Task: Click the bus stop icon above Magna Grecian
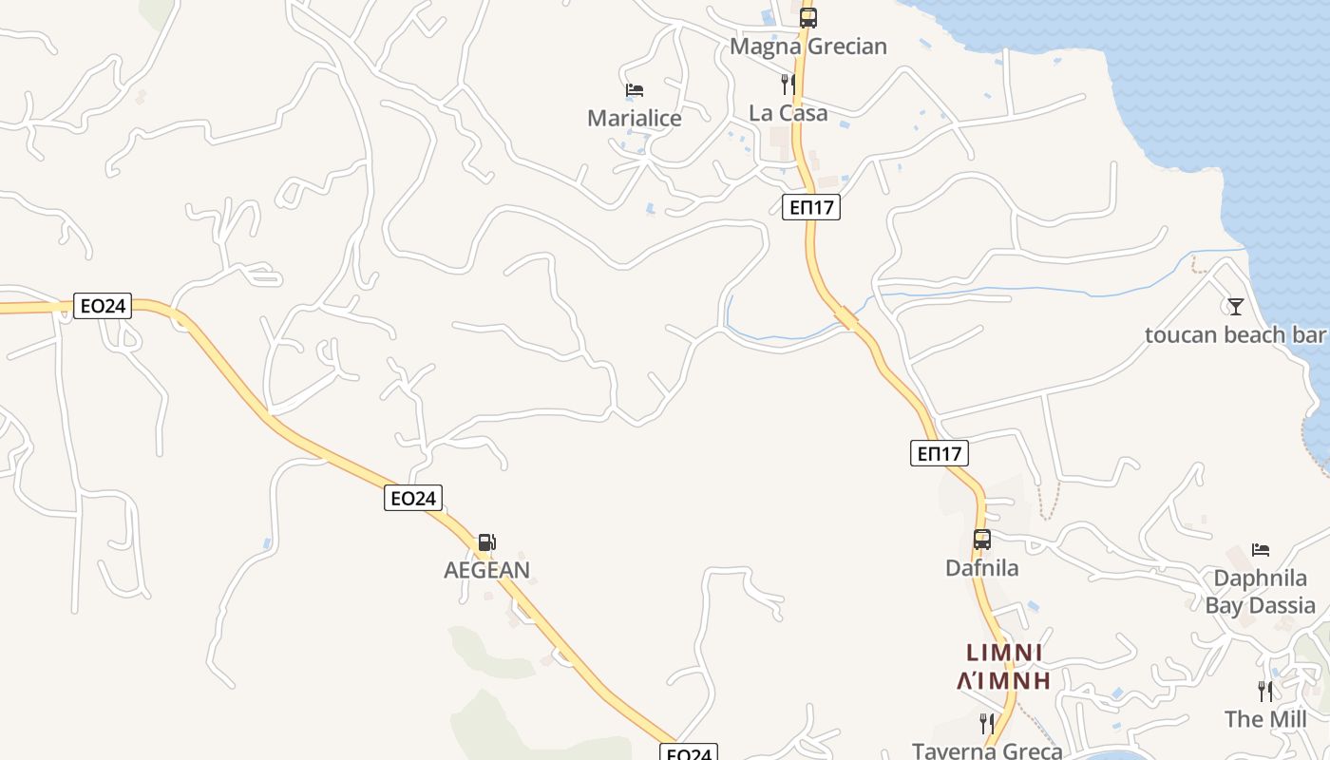807,17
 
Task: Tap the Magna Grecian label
807,47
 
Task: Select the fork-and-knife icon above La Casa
788,85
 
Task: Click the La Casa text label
788,113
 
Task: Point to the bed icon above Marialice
635,90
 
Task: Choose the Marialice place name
635,119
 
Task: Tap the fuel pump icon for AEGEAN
486,542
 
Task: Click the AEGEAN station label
486,570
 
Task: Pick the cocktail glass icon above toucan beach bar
1235,306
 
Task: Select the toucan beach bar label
1234,335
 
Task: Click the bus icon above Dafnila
981,540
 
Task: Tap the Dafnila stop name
981,568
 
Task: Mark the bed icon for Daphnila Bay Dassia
1261,550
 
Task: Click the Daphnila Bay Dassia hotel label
1261,592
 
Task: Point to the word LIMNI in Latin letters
1005,653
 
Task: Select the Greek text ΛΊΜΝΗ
1005,680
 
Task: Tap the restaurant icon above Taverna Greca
987,723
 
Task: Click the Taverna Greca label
987,750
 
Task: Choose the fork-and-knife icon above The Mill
1264,691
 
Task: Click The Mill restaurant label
1264,719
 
